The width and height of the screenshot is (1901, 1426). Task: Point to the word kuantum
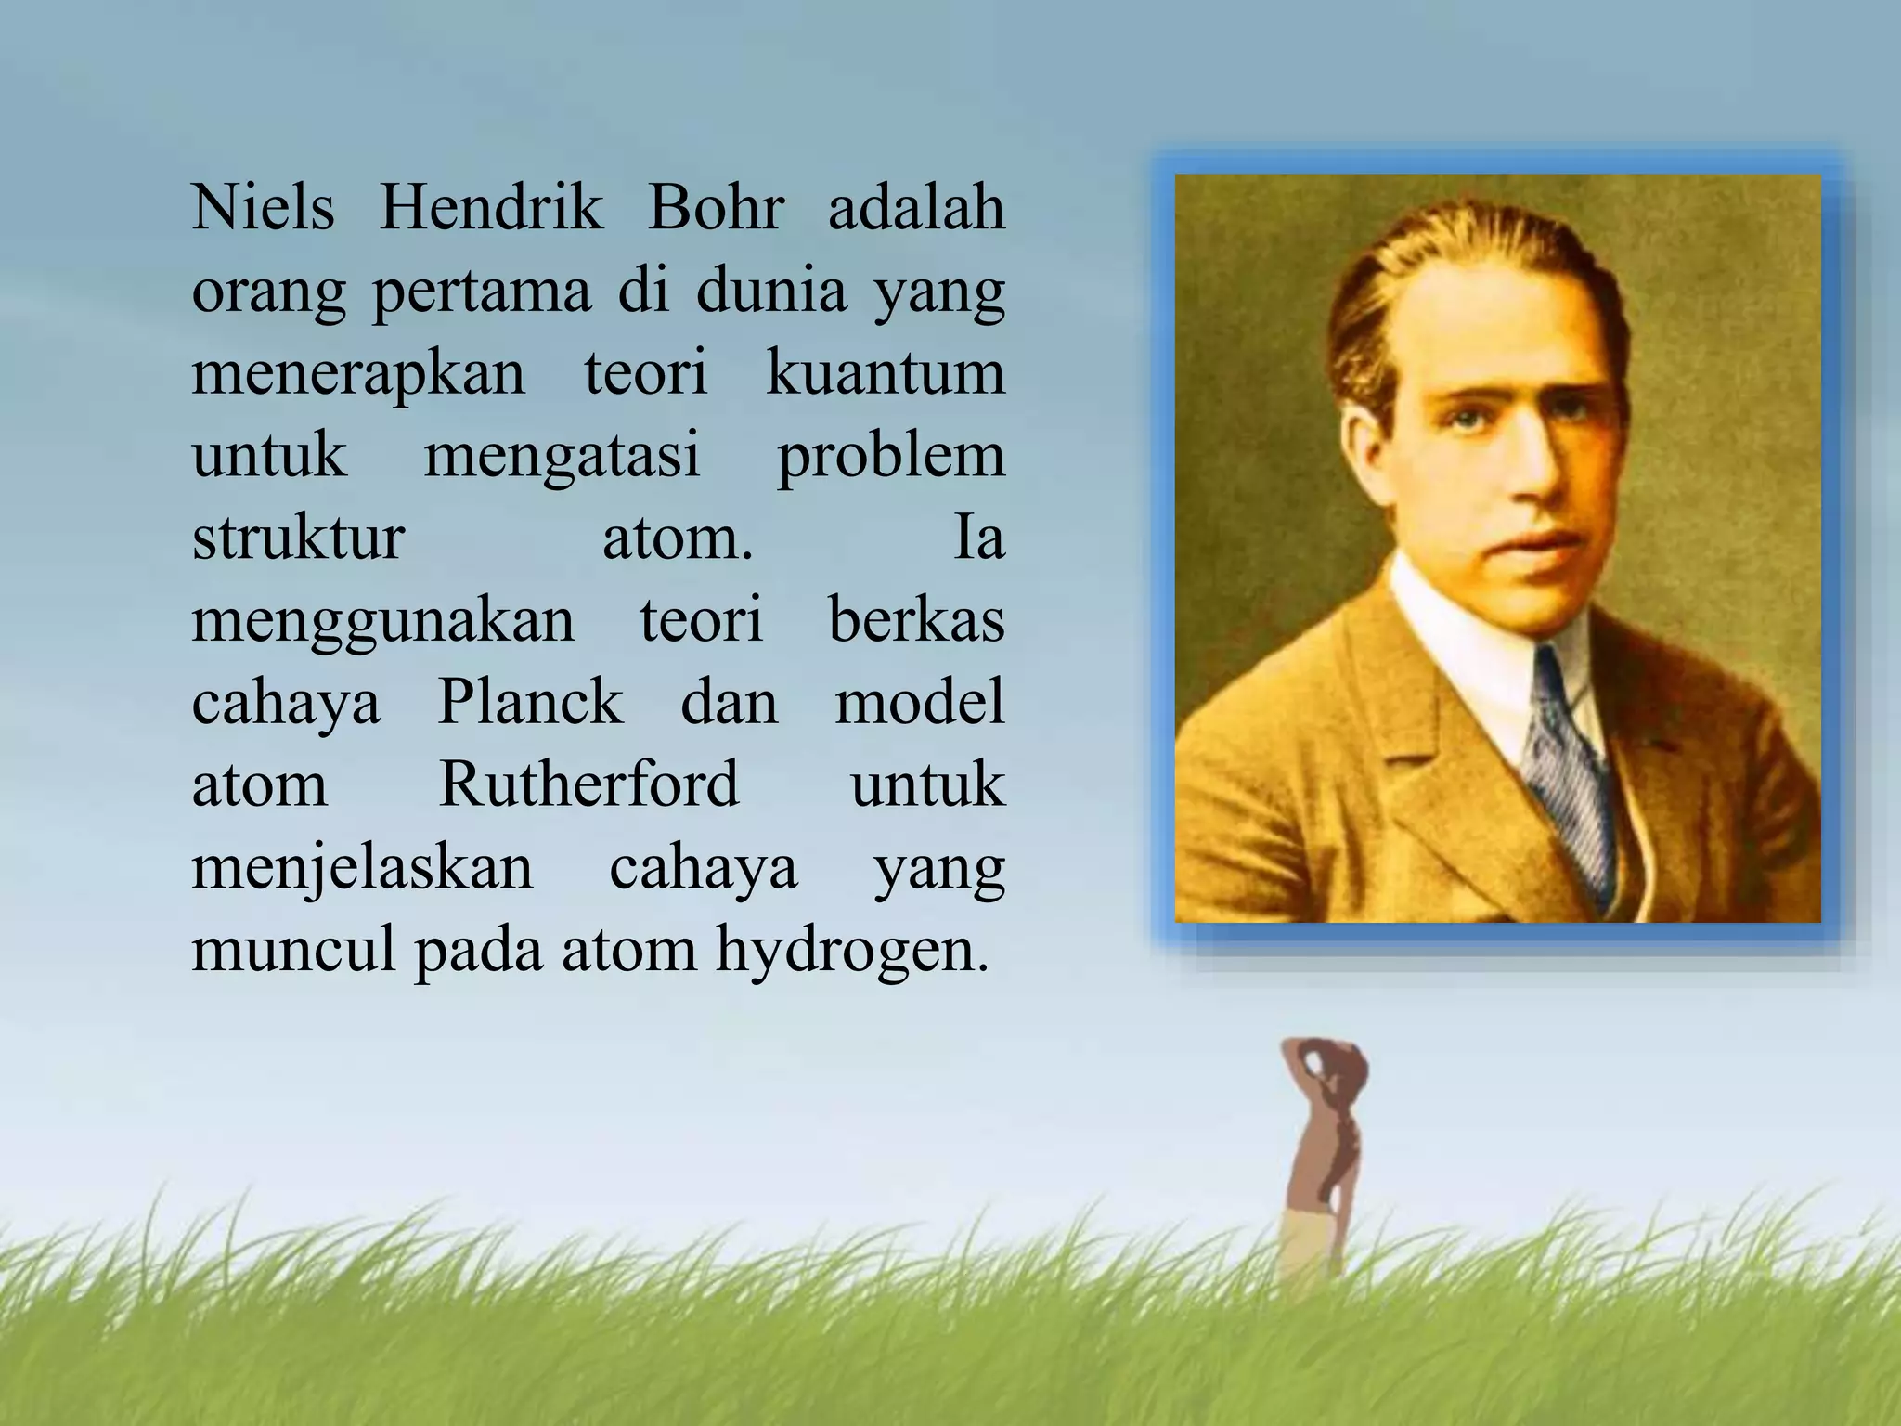(886, 373)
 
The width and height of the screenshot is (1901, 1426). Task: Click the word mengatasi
(562, 456)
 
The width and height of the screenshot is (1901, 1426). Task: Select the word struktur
(298, 538)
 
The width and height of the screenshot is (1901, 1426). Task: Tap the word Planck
(530, 702)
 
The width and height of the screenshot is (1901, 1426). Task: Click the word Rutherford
(588, 784)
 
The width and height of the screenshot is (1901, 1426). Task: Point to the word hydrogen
(852, 953)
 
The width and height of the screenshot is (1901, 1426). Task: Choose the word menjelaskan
(363, 869)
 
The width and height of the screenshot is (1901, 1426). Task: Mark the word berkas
(916, 620)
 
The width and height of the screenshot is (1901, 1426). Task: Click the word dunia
(771, 291)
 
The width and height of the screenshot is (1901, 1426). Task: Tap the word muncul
(294, 951)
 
